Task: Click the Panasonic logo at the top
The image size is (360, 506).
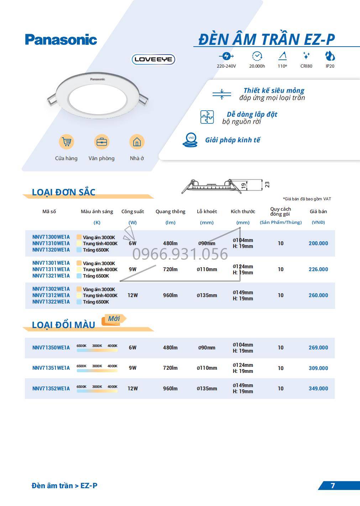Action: point(61,39)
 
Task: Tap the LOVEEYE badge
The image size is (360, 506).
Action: point(153,59)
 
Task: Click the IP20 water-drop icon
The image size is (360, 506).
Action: point(330,56)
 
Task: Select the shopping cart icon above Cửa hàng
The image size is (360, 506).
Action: point(66,142)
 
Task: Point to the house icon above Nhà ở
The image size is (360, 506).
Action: point(137,142)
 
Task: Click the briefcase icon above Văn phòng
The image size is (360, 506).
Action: point(101,142)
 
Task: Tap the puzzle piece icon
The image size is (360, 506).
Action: point(207,117)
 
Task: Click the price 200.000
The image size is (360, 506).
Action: point(318,243)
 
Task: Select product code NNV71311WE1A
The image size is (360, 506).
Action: point(51,269)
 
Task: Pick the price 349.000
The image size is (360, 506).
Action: point(318,389)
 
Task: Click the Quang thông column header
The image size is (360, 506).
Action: point(170,212)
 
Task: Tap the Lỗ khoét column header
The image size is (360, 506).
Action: point(207,211)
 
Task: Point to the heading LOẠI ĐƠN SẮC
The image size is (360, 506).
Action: point(64,193)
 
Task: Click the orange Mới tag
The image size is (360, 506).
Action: point(114,319)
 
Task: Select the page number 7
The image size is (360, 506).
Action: point(333,486)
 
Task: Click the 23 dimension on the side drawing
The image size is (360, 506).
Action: point(267,184)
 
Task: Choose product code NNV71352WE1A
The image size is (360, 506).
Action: point(51,389)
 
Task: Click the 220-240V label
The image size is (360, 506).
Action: point(226,66)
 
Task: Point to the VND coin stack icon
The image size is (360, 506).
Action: point(190,140)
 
